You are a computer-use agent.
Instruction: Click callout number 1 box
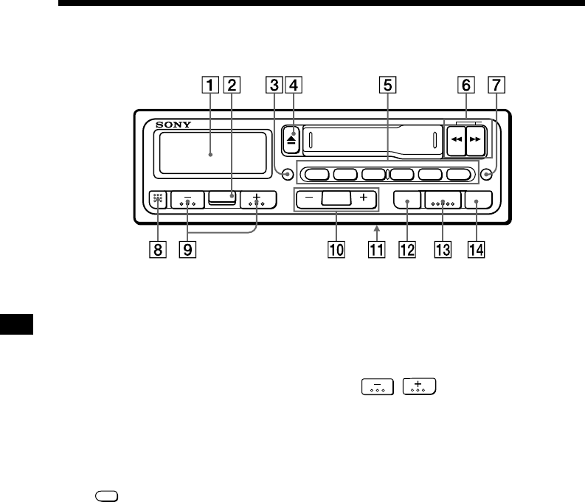211,86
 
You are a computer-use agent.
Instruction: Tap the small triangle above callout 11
375,229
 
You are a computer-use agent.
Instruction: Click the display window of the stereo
211,154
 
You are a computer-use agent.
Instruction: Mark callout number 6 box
465,86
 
